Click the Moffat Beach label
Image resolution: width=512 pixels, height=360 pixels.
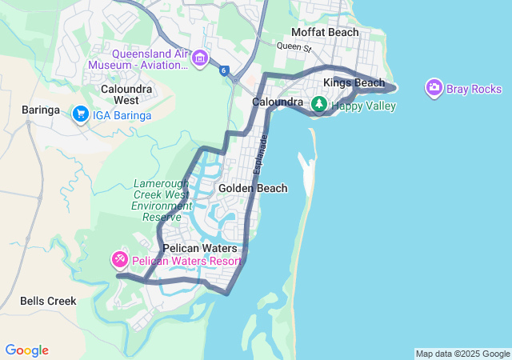pos(324,32)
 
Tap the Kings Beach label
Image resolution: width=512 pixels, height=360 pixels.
pos(354,83)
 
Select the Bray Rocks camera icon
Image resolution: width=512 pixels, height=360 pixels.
pos(434,87)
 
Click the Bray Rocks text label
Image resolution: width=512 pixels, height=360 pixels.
pos(475,89)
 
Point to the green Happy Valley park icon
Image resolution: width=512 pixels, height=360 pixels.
pos(318,104)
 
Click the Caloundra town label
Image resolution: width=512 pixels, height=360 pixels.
pos(277,102)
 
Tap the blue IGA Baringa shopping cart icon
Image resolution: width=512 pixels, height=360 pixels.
pos(80,115)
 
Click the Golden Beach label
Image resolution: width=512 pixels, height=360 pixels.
pos(253,188)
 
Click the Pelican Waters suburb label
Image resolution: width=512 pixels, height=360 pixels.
pos(200,248)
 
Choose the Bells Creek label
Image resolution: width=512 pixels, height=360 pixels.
pos(48,301)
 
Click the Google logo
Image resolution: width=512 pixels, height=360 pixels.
pos(26,350)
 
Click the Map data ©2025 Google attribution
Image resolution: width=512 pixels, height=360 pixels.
pos(462,354)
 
